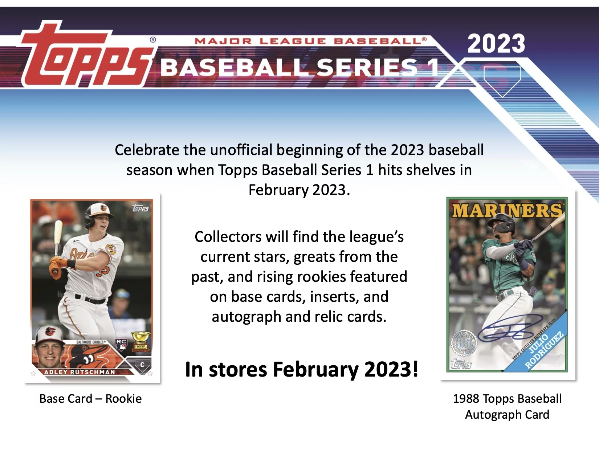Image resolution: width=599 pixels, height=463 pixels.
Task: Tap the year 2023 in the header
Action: (x=496, y=44)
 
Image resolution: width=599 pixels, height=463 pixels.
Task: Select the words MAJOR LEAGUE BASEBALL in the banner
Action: (x=310, y=41)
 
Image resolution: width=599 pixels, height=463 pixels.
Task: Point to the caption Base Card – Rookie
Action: (x=90, y=399)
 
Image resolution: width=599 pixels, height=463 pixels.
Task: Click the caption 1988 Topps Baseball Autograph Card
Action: (x=507, y=406)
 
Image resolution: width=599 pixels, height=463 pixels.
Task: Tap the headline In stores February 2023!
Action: (x=302, y=370)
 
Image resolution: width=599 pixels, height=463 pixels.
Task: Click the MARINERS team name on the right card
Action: (x=507, y=211)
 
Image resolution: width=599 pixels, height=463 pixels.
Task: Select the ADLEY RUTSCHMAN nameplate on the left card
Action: (x=80, y=372)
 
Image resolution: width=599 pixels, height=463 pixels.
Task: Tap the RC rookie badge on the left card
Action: (x=121, y=344)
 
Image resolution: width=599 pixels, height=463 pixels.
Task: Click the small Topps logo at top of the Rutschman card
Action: (x=140, y=208)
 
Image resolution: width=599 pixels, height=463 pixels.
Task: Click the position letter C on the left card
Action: (x=142, y=365)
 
